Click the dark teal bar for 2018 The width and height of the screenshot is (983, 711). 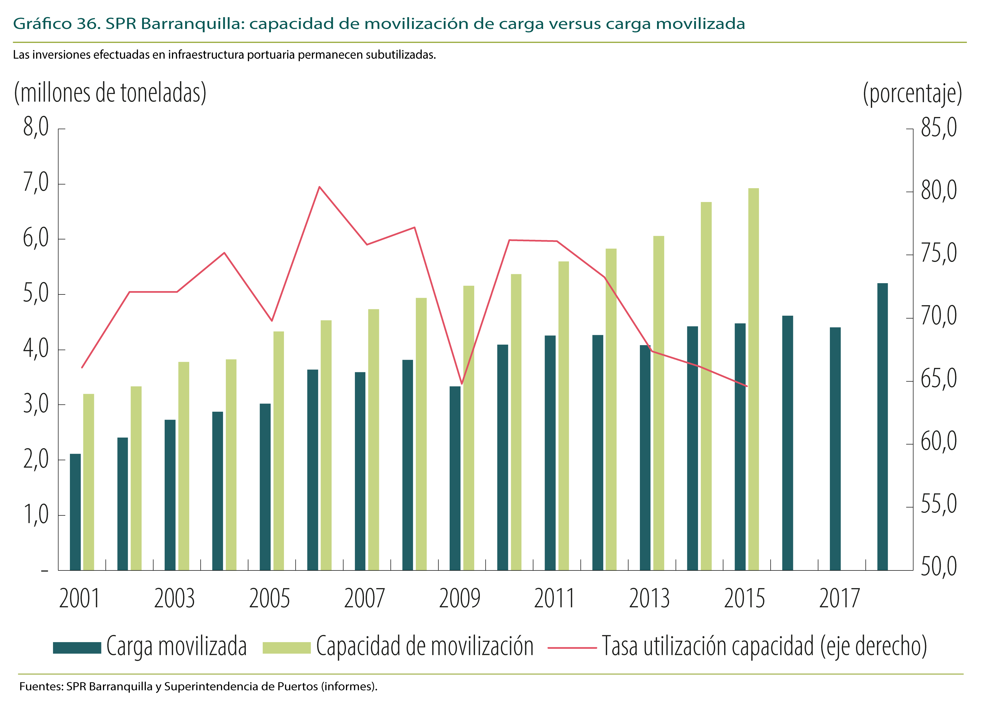point(882,427)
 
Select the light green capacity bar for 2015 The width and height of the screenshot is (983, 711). point(754,379)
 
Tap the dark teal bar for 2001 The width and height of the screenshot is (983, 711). point(76,512)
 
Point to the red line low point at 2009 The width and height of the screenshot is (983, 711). point(462,384)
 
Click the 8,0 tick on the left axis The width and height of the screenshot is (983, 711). point(36,128)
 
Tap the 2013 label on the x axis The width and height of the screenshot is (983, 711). point(649,599)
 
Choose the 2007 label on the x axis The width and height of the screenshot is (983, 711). point(364,599)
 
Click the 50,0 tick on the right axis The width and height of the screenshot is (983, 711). point(939,567)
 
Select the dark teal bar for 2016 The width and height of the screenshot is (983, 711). point(788,443)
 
